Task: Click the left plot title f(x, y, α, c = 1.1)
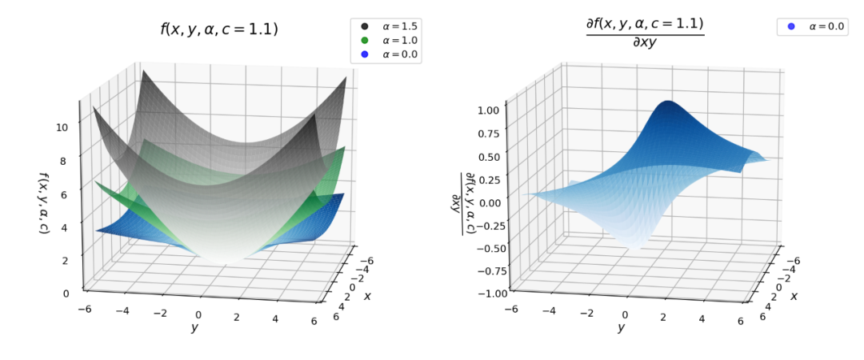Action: tap(219, 30)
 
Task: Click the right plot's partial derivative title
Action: tap(645, 32)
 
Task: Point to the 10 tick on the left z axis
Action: tap(62, 126)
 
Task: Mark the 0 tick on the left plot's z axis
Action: tap(66, 293)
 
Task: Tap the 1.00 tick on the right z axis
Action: tap(489, 110)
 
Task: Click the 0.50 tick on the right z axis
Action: tap(489, 157)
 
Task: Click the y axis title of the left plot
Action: tap(194, 327)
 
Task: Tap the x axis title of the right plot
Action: tap(794, 296)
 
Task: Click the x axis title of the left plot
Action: tap(367, 296)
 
